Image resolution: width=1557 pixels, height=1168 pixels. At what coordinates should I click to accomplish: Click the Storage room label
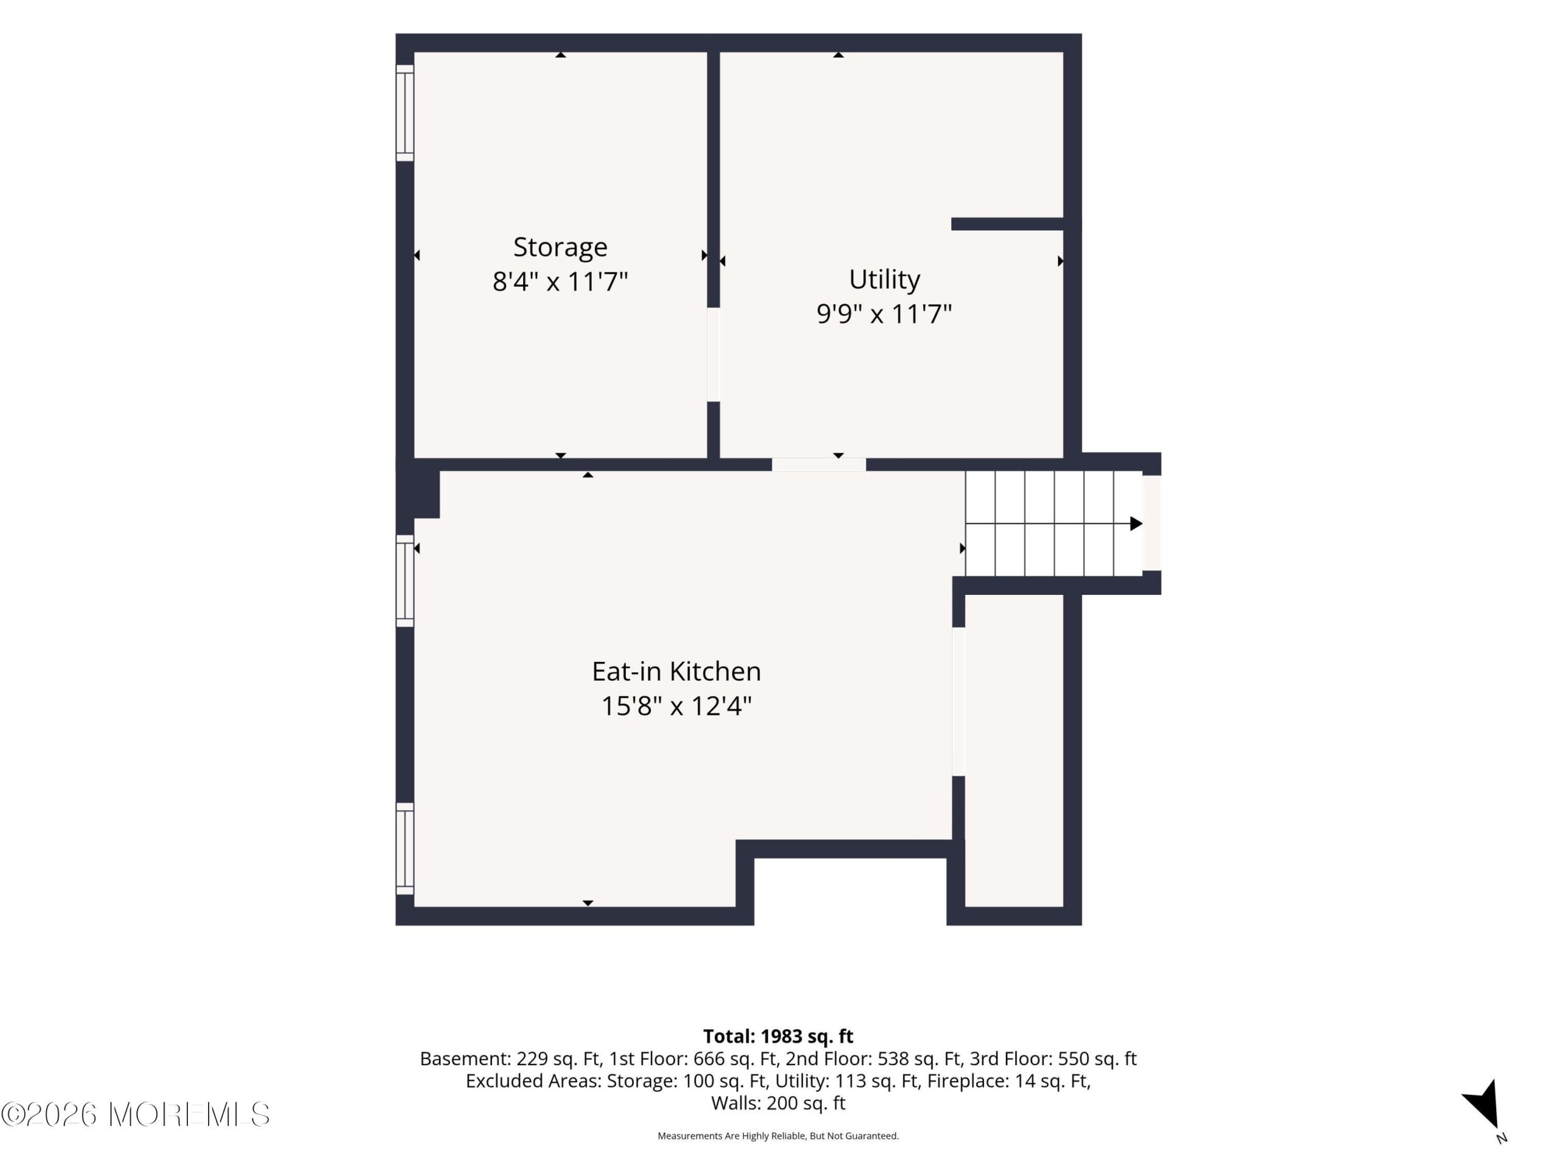[x=560, y=248]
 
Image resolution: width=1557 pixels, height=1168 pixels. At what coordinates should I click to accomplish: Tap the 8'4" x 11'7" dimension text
[x=560, y=282]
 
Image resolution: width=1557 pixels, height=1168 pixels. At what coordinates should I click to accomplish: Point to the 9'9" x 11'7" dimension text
[x=884, y=314]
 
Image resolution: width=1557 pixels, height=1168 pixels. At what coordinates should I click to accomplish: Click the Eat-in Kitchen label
[x=676, y=671]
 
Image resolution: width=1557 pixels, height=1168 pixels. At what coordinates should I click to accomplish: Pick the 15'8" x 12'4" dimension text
[x=676, y=706]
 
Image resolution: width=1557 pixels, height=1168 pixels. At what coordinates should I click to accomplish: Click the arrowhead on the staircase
[x=1136, y=524]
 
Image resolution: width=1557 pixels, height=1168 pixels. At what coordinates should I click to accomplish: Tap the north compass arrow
[x=1482, y=1105]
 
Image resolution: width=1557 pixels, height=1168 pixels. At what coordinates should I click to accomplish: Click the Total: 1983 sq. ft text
[x=778, y=1037]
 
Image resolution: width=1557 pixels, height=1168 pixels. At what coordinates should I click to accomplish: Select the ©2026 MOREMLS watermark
[x=135, y=1114]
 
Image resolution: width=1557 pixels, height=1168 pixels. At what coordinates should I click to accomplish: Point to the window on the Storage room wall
[x=404, y=113]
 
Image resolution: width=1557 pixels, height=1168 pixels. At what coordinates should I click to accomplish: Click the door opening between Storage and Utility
[x=713, y=355]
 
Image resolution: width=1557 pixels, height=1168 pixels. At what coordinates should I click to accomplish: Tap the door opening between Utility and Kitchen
[x=819, y=465]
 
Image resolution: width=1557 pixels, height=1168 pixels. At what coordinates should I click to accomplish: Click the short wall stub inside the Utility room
[x=1007, y=224]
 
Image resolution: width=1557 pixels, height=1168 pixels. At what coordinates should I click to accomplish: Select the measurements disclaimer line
[x=778, y=1136]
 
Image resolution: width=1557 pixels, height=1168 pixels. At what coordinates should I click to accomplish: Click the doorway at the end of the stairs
[x=1151, y=523]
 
